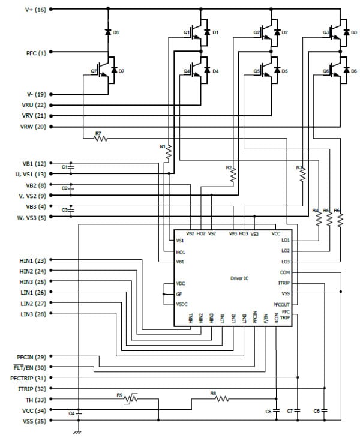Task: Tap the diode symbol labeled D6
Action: (108, 32)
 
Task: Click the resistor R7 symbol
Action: (100, 139)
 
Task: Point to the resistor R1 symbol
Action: (169, 153)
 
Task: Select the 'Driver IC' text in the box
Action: (241, 278)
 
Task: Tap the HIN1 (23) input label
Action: (33, 260)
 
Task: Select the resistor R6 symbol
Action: (340, 219)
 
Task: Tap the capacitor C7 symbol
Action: (298, 411)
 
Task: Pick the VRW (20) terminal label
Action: (34, 127)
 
